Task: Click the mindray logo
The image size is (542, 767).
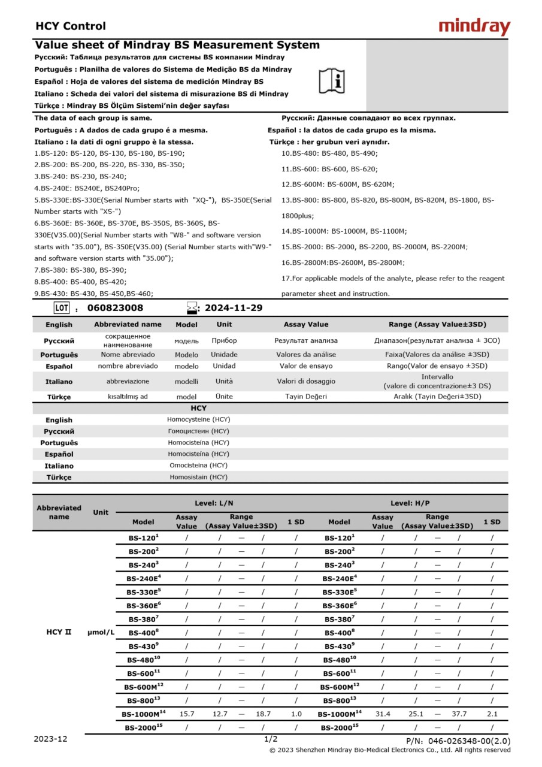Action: tap(474, 26)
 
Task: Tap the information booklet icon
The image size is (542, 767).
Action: tap(332, 81)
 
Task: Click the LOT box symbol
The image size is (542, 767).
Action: tap(62, 308)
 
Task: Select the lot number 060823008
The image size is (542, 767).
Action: tap(115, 308)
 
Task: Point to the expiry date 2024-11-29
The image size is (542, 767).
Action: tap(233, 308)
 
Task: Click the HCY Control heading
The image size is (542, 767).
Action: tap(71, 26)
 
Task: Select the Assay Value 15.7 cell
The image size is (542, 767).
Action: tap(187, 714)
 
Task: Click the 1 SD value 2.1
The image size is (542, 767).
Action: tap(492, 714)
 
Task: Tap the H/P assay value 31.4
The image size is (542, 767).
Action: tap(382, 714)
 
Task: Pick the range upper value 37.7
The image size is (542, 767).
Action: tap(459, 714)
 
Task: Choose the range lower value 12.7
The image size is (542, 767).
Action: tap(220, 714)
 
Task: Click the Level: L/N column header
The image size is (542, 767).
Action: tap(214, 503)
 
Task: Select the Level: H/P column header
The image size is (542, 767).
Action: tap(410, 503)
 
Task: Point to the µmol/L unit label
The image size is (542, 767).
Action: tap(101, 632)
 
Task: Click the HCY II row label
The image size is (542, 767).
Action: tap(59, 632)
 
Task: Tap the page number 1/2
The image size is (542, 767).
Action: tap(271, 739)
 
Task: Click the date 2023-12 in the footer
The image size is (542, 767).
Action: tap(50, 739)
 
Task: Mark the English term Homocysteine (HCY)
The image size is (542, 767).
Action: tap(198, 419)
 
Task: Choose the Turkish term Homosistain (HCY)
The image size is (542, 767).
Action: tap(198, 477)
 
